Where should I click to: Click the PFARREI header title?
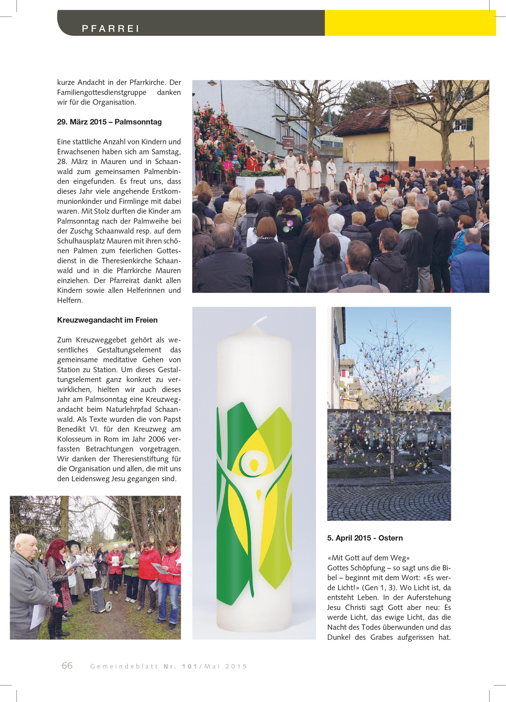click(110, 29)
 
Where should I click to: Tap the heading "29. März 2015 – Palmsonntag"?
click(109, 122)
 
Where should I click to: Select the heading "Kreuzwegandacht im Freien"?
click(107, 320)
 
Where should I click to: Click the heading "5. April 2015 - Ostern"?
click(365, 538)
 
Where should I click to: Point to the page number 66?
click(67, 665)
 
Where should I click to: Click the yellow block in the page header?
click(410, 23)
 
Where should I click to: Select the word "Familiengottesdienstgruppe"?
click(101, 93)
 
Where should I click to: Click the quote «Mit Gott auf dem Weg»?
click(368, 558)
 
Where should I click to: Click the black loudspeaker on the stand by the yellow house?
click(412, 161)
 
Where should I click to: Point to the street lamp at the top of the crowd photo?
click(212, 83)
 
